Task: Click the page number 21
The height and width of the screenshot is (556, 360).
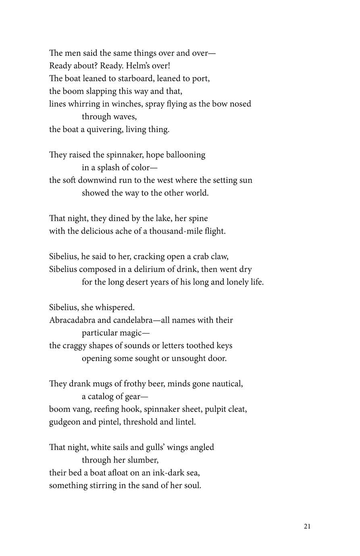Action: tap(307, 526)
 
